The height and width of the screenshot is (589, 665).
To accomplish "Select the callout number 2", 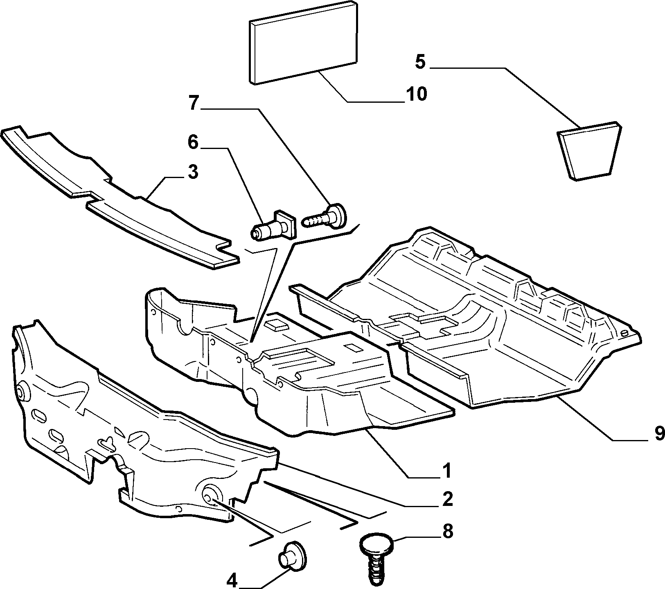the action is click(x=447, y=499).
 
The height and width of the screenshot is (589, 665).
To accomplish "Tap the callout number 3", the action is click(x=193, y=172).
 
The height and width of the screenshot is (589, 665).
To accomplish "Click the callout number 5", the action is click(x=420, y=62).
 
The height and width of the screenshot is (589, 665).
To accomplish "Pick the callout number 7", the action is click(x=194, y=103).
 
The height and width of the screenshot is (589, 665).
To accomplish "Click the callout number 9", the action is click(x=658, y=433).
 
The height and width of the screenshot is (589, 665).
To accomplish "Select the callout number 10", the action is click(x=417, y=94).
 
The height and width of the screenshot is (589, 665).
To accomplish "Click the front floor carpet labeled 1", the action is click(x=295, y=368).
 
